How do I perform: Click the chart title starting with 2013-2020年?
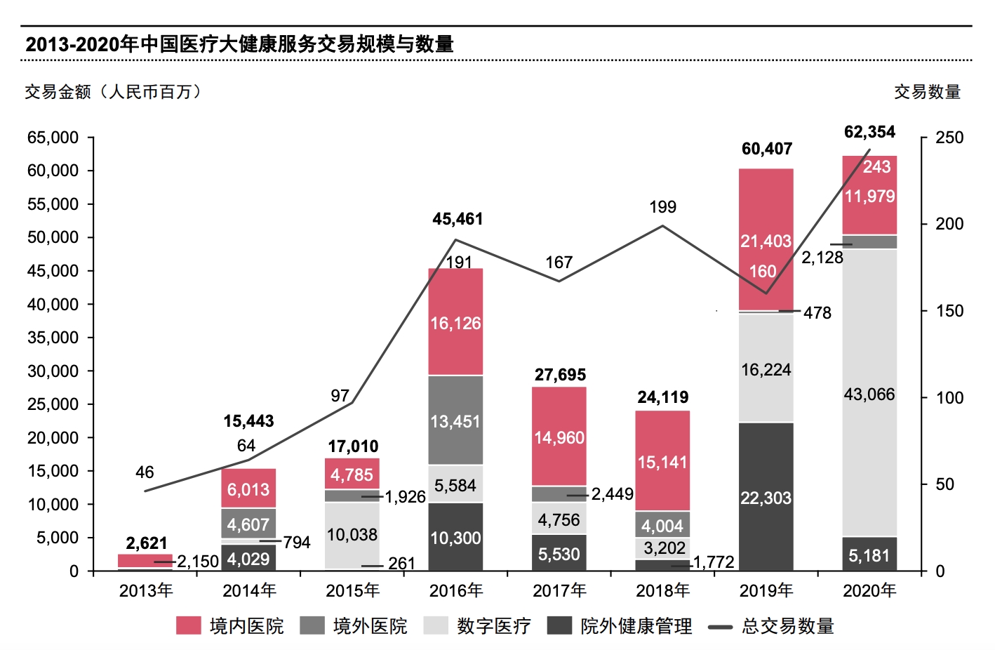click(x=239, y=44)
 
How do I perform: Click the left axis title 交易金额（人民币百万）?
click(x=113, y=92)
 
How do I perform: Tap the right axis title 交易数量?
click(x=927, y=92)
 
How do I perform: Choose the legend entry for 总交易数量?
click(x=771, y=625)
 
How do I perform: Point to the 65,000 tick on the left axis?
click(x=53, y=138)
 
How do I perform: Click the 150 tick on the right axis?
click(x=949, y=311)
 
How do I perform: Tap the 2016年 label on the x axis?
click(x=456, y=591)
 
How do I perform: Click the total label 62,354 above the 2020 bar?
click(x=869, y=132)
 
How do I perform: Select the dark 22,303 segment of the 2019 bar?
click(x=766, y=497)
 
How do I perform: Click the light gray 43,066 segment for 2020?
click(x=869, y=393)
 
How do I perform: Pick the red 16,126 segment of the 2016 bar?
click(x=455, y=323)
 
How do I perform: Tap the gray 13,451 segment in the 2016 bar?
click(x=455, y=421)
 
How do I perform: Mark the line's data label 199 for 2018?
click(x=662, y=207)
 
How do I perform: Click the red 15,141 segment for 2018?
click(x=662, y=461)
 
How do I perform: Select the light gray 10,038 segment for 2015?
click(x=352, y=535)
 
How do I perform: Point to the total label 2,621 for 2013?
click(x=147, y=543)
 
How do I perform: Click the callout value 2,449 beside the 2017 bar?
click(x=612, y=495)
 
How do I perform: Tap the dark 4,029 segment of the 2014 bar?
click(x=248, y=559)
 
